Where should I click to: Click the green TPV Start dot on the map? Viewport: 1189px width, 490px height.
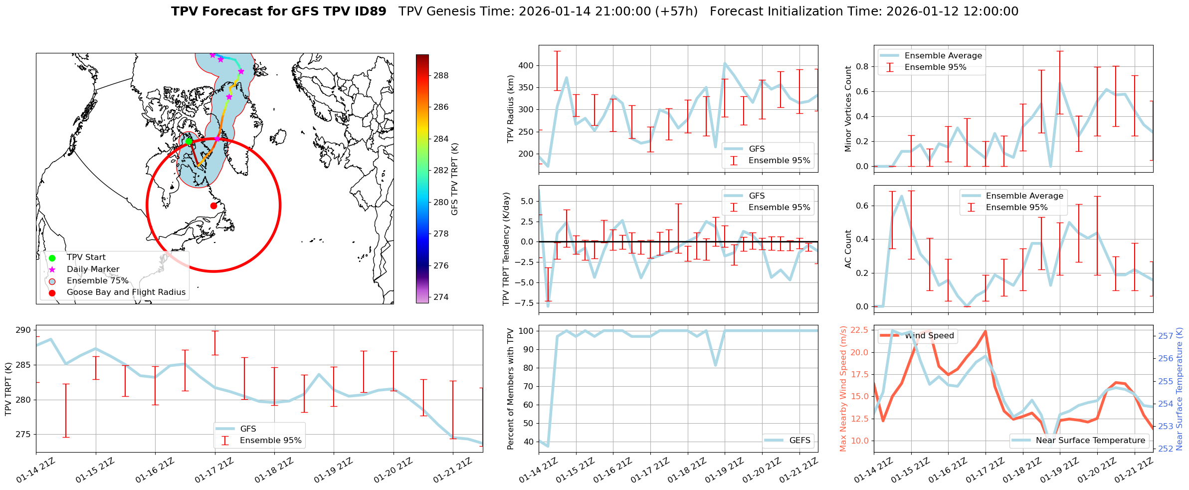[189, 141]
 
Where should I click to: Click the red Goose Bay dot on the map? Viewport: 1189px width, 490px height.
[213, 206]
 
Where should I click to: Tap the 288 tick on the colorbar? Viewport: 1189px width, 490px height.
[441, 76]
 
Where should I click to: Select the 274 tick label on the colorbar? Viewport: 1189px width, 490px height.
[441, 297]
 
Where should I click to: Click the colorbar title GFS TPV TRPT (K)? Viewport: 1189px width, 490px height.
[454, 179]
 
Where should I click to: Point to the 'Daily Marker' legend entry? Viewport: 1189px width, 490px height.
[93, 269]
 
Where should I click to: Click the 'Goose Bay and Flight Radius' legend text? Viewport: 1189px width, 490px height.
[126, 292]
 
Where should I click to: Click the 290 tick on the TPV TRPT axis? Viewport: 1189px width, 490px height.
[23, 330]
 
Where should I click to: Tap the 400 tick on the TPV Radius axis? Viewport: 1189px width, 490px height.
[526, 66]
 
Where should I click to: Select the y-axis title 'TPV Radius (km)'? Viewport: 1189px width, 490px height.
[510, 109]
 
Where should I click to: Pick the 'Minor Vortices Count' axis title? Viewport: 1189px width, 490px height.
[848, 109]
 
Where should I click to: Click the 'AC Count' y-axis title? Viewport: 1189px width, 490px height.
[848, 249]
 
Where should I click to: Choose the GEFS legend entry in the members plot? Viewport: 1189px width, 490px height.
[799, 440]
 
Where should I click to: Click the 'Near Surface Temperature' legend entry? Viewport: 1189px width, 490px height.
[1090, 440]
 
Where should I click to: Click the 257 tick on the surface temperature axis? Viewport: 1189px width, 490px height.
[1166, 336]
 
